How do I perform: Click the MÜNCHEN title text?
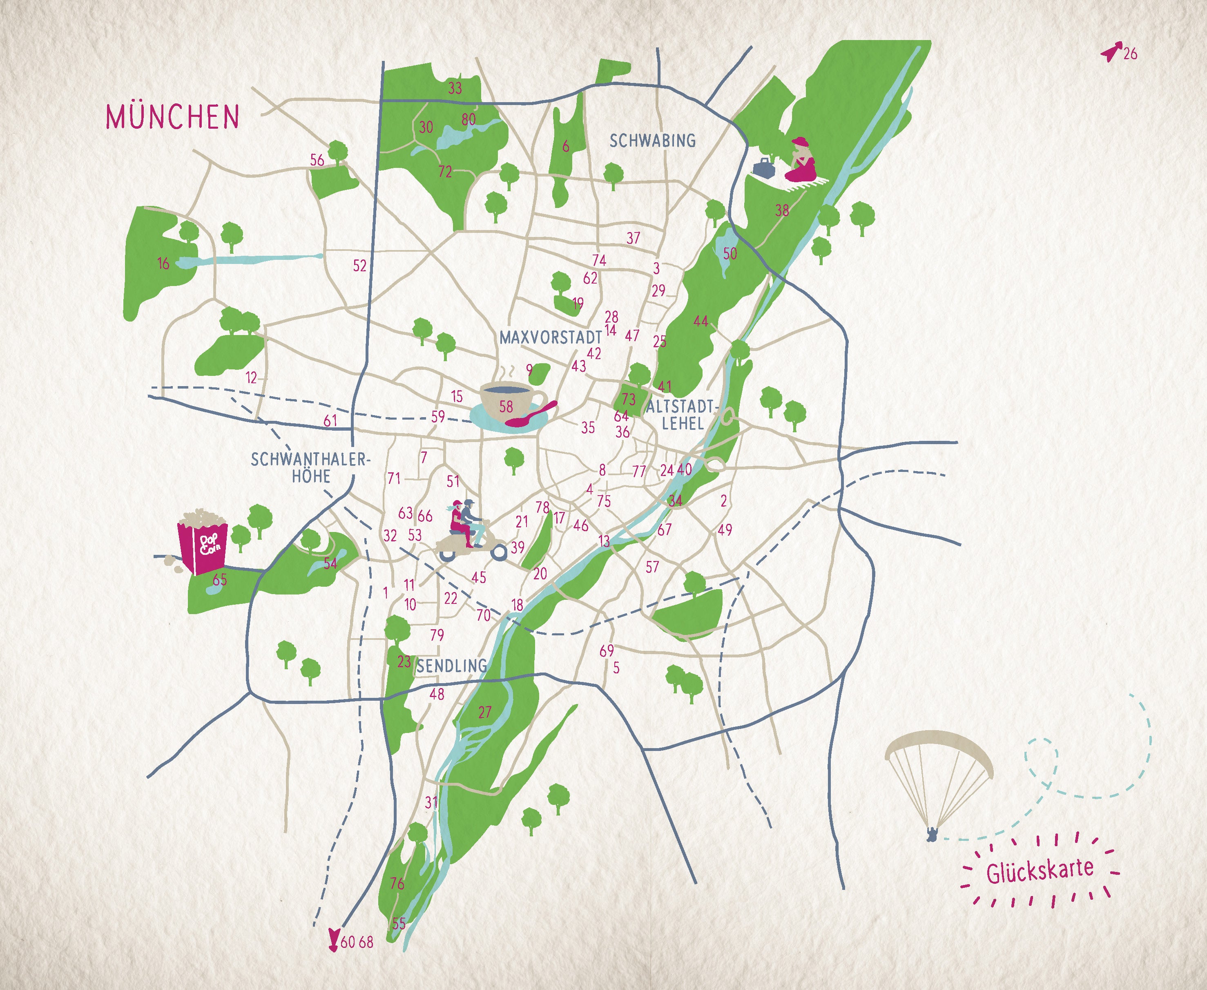tap(172, 116)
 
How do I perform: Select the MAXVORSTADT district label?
tap(551, 337)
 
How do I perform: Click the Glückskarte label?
tap(1040, 870)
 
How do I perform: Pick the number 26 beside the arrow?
tap(1130, 54)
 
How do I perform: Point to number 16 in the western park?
tap(164, 264)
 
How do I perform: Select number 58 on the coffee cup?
tap(506, 407)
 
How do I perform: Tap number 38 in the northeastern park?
tap(782, 210)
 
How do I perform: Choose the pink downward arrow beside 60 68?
tap(334, 941)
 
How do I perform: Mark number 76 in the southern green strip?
tap(397, 883)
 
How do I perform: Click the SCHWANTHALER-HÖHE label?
tap(311, 468)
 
